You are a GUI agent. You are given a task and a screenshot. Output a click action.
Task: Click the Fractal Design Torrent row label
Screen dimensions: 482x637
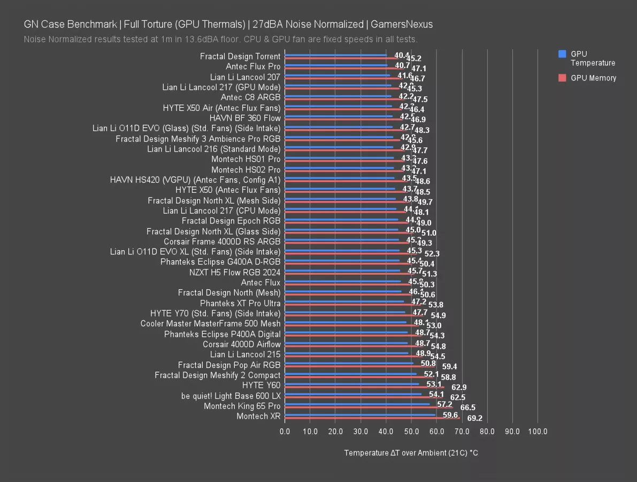click(x=240, y=56)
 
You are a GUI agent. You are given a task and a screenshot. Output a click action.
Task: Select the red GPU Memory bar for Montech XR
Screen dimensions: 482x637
click(x=372, y=418)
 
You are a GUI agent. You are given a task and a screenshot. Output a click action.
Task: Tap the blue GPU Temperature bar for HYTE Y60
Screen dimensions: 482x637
click(x=352, y=383)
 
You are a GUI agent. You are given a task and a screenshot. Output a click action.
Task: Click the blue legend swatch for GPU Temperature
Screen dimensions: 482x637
click(x=562, y=54)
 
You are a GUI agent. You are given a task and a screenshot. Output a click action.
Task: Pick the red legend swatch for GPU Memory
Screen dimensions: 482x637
click(x=562, y=78)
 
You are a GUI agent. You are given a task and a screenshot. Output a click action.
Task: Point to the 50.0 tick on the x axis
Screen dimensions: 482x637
click(x=411, y=431)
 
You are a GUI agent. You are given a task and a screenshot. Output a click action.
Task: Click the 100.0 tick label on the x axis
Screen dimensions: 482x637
click(x=538, y=431)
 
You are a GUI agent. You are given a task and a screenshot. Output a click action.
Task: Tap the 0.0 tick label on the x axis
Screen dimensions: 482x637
click(x=285, y=431)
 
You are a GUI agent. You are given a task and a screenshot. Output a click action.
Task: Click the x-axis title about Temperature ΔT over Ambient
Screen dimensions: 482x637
click(x=411, y=453)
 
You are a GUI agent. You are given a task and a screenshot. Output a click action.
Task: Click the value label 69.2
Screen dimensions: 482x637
click(x=475, y=418)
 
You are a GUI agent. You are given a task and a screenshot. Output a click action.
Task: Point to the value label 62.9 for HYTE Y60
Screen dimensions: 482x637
click(x=459, y=387)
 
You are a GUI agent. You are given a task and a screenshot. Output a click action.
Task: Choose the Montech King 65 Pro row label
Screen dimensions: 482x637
click(x=242, y=406)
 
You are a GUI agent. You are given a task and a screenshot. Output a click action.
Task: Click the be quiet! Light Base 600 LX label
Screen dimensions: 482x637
click(x=231, y=396)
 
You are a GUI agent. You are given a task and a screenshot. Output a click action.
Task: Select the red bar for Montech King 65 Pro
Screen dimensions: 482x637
click(x=369, y=408)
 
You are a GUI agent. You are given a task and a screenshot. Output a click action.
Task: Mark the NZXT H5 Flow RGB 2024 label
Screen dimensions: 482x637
click(x=235, y=272)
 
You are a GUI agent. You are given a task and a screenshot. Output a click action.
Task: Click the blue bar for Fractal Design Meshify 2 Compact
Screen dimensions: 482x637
click(x=350, y=373)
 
